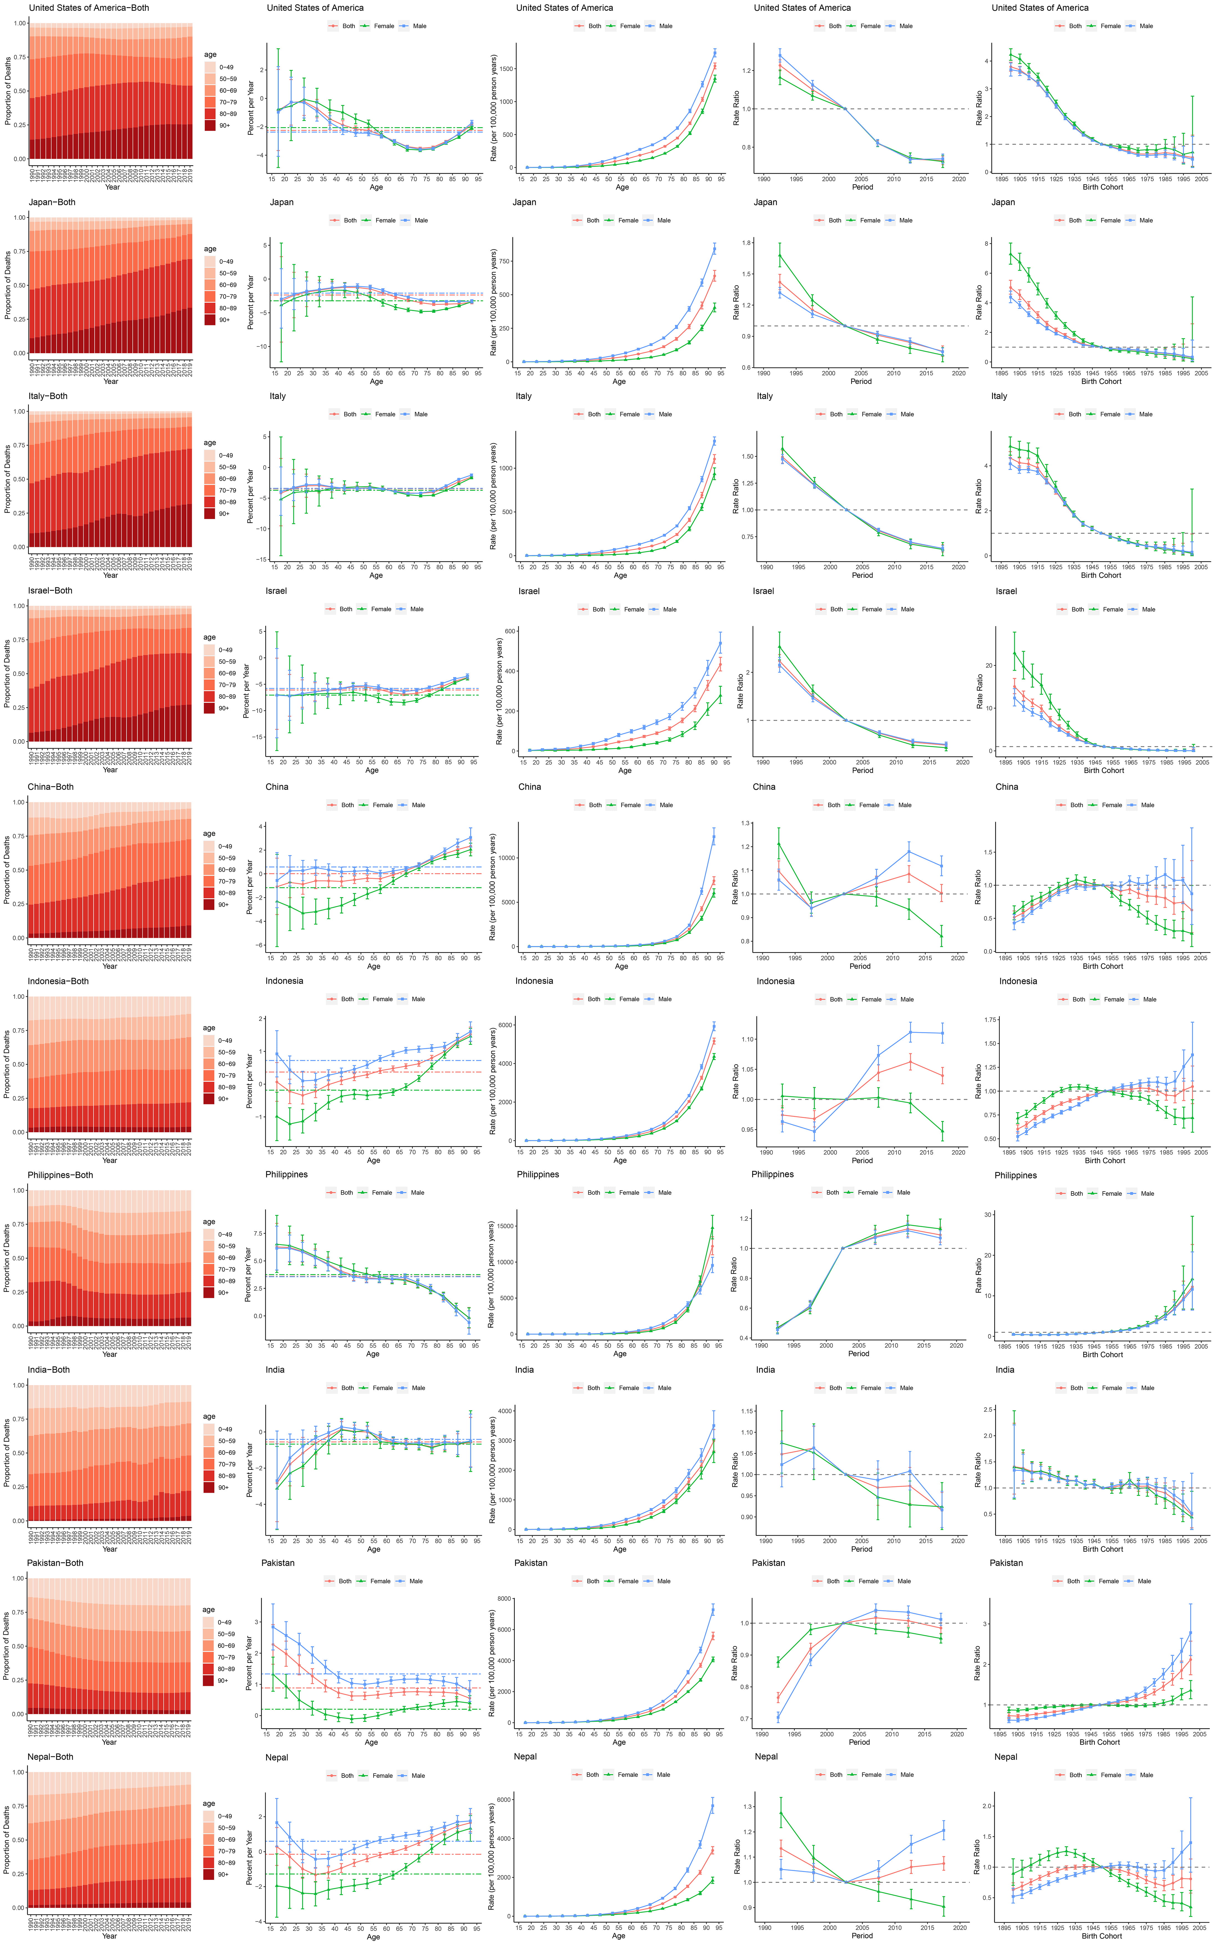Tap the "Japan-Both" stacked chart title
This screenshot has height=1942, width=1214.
[x=52, y=202]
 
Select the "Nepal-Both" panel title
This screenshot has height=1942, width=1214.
[x=50, y=1757]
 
